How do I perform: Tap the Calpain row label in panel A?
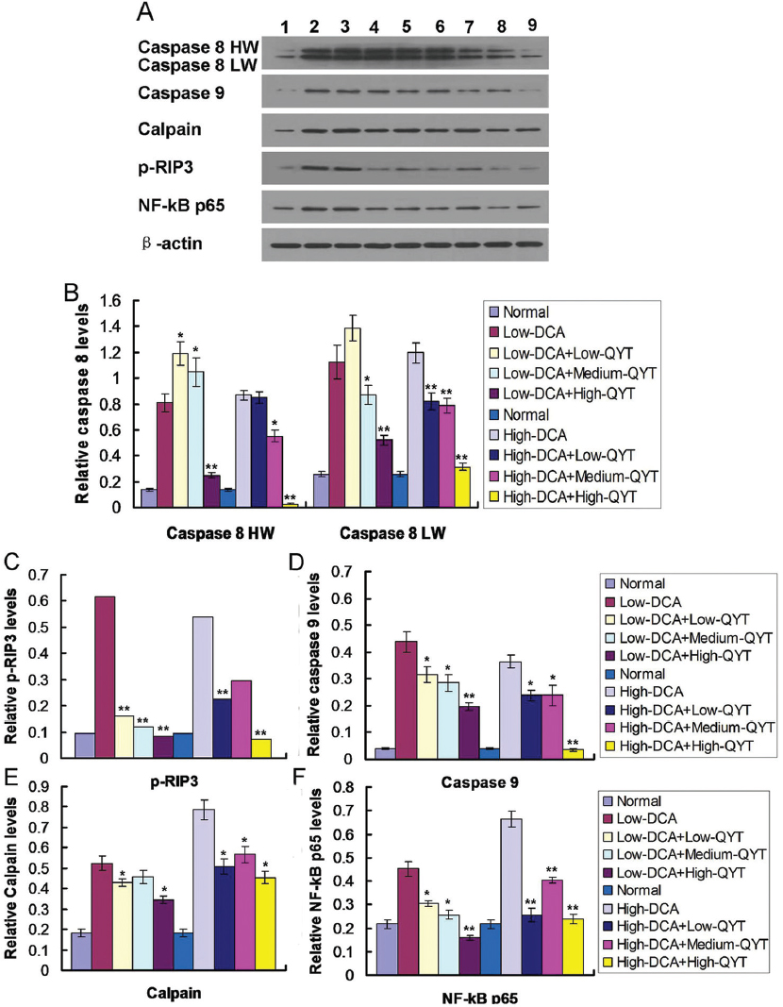tap(171, 131)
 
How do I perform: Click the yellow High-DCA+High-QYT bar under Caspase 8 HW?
tap(291, 504)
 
